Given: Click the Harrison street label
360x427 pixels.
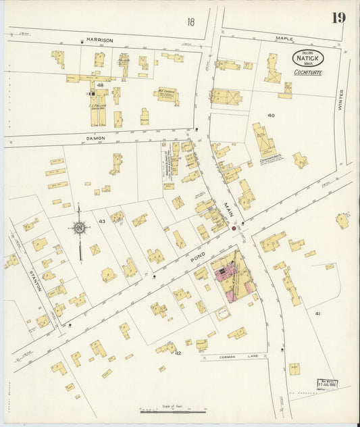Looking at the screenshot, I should tap(99, 41).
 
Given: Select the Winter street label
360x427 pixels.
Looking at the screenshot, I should tap(341, 100).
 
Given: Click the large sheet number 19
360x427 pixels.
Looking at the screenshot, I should tap(338, 18).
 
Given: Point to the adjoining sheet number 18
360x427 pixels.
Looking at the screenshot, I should tap(191, 22).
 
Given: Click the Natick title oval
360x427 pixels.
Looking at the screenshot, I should tap(307, 59).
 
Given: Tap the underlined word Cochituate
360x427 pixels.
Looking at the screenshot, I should tap(307, 72).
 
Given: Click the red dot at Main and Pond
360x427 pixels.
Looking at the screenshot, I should tap(234, 229).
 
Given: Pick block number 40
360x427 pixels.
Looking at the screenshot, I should tap(271, 116).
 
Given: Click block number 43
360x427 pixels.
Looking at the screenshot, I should tap(102, 222).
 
